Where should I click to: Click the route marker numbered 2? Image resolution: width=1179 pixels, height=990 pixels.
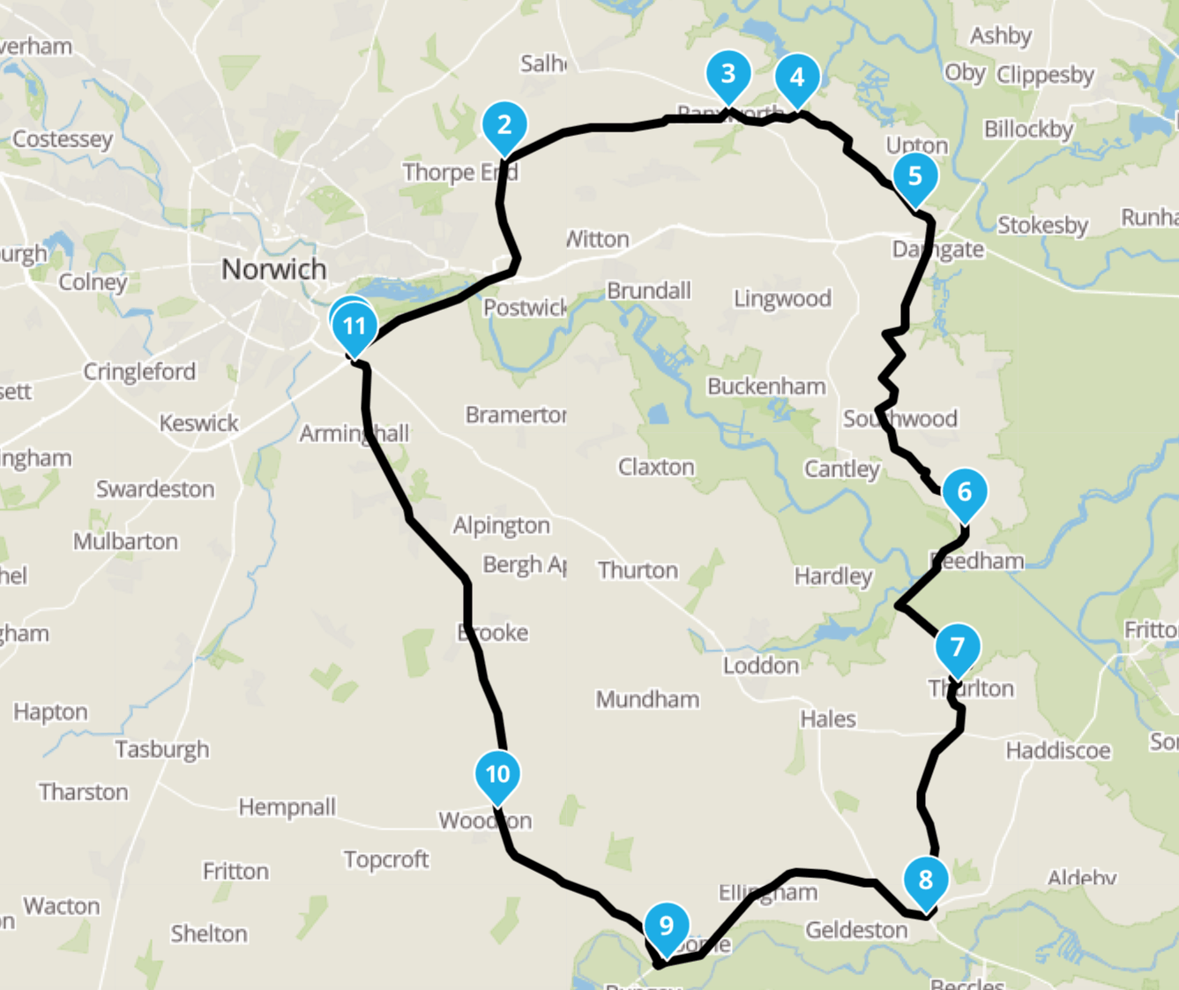click(x=504, y=126)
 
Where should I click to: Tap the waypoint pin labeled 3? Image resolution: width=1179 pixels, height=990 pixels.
click(x=728, y=74)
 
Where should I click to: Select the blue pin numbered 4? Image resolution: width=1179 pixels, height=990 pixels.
click(x=797, y=78)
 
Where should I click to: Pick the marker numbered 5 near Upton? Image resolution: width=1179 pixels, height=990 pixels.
click(x=914, y=176)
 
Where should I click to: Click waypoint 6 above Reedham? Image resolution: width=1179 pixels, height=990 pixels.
click(x=964, y=492)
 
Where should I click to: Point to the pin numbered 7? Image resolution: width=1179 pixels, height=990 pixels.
click(x=957, y=647)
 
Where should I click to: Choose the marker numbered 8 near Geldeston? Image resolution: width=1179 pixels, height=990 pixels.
click(x=925, y=880)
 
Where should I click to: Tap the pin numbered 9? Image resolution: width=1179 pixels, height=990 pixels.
click(x=666, y=926)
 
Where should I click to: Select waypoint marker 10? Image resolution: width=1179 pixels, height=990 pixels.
click(x=497, y=775)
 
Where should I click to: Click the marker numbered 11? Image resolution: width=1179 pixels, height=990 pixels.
click(x=354, y=326)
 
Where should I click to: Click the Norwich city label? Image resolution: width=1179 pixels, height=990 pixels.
click(x=273, y=269)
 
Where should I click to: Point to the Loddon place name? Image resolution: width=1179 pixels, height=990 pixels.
click(x=761, y=665)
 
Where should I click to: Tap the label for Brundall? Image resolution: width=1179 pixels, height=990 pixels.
click(x=648, y=290)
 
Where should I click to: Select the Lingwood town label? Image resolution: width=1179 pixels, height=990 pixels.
click(x=782, y=299)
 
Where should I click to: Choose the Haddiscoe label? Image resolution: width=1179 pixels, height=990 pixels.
click(x=1058, y=750)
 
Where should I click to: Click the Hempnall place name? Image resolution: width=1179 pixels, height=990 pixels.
click(x=287, y=806)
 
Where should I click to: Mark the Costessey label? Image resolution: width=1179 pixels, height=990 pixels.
click(x=63, y=139)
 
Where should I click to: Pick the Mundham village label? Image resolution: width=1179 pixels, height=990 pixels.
click(x=647, y=700)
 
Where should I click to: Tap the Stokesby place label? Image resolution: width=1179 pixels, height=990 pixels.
click(x=1043, y=225)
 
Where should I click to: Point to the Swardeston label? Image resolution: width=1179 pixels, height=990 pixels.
click(x=155, y=489)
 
